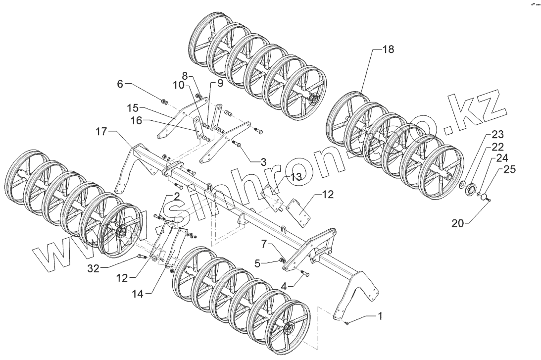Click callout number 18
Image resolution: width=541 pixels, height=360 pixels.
pos(388,50)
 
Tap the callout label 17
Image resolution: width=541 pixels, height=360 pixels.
pos(101,132)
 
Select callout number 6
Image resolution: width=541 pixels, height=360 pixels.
pos(120,84)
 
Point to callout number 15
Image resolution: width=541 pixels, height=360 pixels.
pos(132,108)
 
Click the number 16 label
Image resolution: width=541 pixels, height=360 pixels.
pos(137,120)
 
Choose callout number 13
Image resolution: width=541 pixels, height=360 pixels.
pos(295,177)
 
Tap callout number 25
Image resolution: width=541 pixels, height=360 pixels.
pos(510,170)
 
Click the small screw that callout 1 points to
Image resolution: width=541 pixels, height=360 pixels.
pos(346,323)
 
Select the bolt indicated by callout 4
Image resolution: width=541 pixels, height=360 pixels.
pos(304,273)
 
